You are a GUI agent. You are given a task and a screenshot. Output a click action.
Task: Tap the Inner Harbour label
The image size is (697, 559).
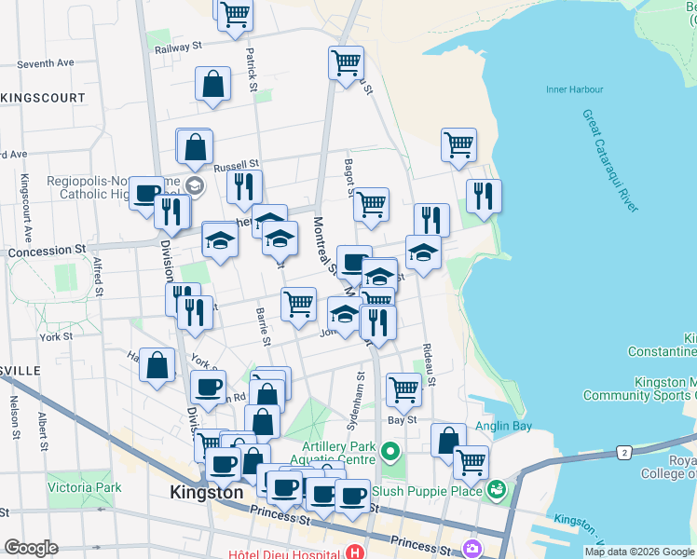tap(575, 90)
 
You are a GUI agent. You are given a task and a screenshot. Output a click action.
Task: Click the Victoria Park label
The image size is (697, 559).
tap(85, 487)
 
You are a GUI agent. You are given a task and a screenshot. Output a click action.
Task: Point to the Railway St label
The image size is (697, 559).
tap(179, 46)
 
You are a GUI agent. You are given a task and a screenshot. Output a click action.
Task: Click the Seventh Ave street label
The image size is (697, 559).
tap(45, 64)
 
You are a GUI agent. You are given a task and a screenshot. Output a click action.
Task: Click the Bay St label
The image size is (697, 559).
tap(402, 420)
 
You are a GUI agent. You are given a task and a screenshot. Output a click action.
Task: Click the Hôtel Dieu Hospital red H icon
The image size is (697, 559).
tap(355, 553)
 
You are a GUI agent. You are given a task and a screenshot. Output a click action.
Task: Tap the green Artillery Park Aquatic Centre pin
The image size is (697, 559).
tap(389, 454)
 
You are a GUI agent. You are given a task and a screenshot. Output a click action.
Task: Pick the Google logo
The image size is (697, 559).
tap(31, 548)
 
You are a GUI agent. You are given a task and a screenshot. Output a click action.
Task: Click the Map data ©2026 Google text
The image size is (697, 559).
tap(639, 552)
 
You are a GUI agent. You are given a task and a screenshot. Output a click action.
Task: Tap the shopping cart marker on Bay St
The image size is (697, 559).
tap(403, 389)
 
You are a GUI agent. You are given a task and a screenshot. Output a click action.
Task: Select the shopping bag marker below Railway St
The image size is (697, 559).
tap(213, 84)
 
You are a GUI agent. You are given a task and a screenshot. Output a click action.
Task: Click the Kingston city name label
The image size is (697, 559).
tap(206, 492)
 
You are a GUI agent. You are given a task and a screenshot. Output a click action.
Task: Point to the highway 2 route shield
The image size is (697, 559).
tap(622, 452)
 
